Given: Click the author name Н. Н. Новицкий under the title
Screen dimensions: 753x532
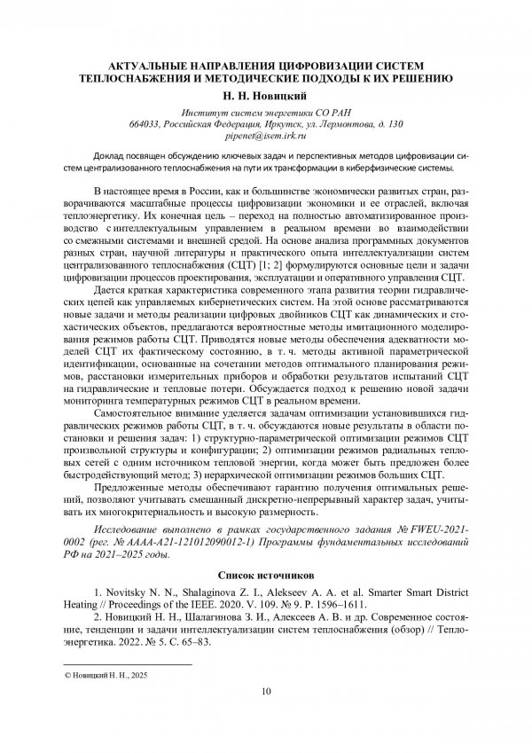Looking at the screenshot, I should pyautogui.click(x=266, y=93).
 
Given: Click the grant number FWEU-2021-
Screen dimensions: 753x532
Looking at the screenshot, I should pyautogui.click(x=438, y=529).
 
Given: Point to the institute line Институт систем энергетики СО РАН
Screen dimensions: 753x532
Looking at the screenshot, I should pyautogui.click(x=266, y=112).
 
